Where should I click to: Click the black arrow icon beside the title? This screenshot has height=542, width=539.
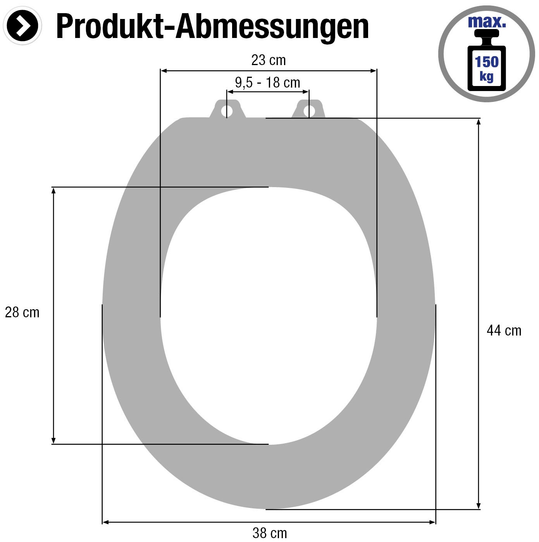point(22,26)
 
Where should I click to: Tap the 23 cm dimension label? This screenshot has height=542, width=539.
point(268,60)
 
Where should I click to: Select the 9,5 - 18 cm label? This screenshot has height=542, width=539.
point(267,83)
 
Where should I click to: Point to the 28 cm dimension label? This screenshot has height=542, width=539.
point(22,312)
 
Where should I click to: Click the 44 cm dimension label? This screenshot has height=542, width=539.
point(504,330)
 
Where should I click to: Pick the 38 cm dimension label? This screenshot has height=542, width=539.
point(270,533)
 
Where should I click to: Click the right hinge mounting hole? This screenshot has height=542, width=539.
point(309,111)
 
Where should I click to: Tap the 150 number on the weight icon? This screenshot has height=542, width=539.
point(487,62)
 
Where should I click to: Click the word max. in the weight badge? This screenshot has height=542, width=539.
point(487,22)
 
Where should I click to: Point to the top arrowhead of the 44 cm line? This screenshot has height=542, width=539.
point(479,122)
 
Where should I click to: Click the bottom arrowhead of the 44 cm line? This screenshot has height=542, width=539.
point(479,506)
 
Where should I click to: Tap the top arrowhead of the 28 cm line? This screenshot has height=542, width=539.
point(53,191)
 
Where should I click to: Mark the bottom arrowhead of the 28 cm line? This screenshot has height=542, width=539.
point(53,440)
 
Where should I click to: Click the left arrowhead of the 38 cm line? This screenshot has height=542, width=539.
point(106,522)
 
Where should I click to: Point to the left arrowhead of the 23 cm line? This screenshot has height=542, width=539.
point(164,71)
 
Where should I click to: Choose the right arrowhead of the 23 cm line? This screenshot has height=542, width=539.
point(373,71)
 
